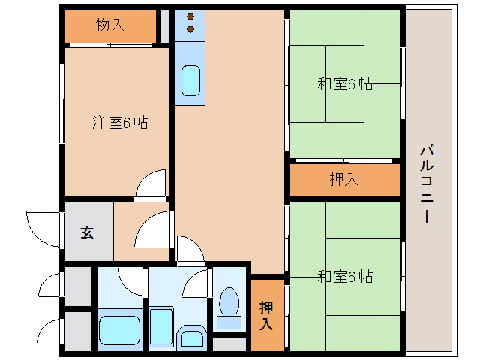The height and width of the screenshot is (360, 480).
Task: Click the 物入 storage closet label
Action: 111,25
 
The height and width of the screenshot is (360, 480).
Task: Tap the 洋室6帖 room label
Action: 119,122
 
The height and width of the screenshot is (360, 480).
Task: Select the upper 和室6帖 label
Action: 344,84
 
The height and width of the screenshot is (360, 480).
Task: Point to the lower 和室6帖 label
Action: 344,277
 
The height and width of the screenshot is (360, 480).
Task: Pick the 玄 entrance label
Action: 86,232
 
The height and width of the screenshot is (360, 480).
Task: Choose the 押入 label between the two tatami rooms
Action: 344,180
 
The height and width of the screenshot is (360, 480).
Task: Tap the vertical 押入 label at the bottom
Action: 266,315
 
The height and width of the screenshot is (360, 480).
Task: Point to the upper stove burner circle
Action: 190,16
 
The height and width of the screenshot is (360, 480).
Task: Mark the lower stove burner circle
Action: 190,30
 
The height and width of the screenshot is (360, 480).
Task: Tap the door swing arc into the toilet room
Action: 196,283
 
